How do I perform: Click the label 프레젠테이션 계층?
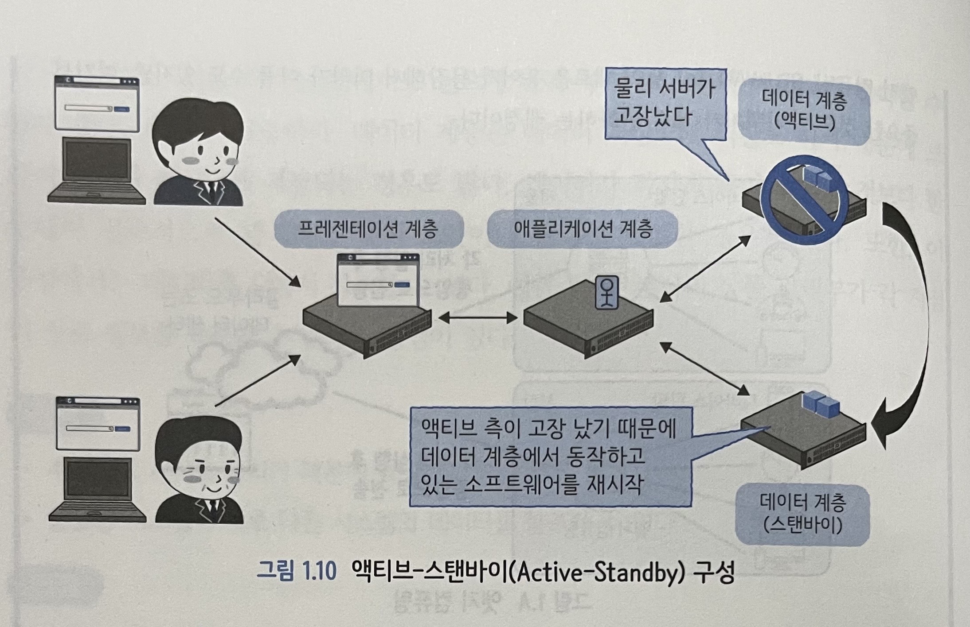coord(368,230)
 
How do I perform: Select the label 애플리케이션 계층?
coord(583,230)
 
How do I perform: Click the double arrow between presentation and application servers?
coord(477,317)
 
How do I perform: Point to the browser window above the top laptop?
coord(97,104)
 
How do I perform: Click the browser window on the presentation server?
coord(378,280)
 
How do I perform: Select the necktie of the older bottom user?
coord(212,509)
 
